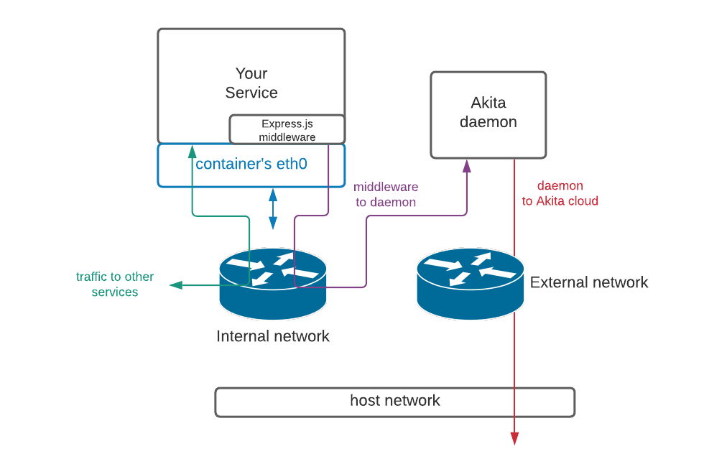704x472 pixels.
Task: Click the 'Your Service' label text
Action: click(x=251, y=83)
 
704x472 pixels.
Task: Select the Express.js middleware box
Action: click(x=287, y=129)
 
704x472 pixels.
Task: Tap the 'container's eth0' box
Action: click(x=251, y=165)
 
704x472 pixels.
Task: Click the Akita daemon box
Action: click(x=488, y=114)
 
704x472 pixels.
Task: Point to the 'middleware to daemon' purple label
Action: click(x=386, y=195)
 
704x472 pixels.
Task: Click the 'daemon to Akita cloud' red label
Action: click(x=560, y=193)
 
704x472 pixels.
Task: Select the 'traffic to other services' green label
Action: click(x=115, y=284)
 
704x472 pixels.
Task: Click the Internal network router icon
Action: click(x=273, y=284)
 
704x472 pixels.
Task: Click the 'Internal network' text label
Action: click(x=273, y=336)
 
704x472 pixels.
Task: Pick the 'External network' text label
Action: click(x=589, y=282)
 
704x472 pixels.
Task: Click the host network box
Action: click(x=395, y=402)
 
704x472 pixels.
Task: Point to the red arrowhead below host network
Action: click(x=514, y=438)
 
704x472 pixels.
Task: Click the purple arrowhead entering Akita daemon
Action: click(x=467, y=166)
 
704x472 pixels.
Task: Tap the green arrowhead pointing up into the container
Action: click(x=193, y=151)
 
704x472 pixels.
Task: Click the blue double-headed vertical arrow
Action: click(x=273, y=208)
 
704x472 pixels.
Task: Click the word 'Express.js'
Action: click(x=287, y=124)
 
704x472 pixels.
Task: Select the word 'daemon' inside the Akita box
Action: click(x=488, y=122)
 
